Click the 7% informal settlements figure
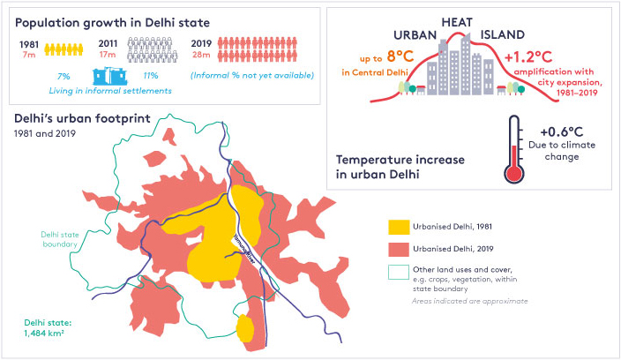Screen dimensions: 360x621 pos(63,76)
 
